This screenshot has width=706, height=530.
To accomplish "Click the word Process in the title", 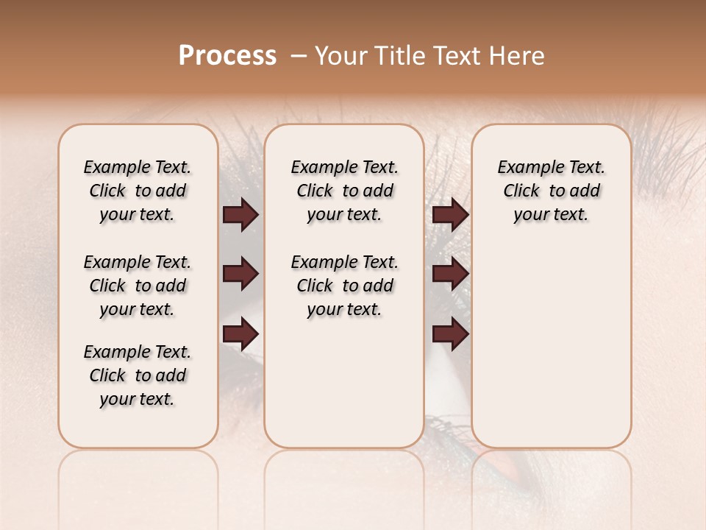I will coord(227,56).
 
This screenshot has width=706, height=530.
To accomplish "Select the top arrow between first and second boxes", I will coord(240,214).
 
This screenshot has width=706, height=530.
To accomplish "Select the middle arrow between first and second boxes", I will coord(240,275).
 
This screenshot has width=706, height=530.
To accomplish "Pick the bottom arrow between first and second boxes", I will coord(240,335).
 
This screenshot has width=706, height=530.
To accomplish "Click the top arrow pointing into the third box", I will coord(450,214).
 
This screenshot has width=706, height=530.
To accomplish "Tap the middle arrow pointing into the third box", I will coord(450,275).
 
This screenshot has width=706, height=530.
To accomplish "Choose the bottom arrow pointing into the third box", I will coord(450,335).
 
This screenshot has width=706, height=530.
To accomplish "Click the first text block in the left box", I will coord(138,191).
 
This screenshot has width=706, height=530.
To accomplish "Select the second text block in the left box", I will coord(138,286).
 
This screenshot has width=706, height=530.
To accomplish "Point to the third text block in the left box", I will coord(138,375).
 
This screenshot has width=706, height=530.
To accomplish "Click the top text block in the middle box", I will coord(344,191).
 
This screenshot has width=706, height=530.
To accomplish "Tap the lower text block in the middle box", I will coord(344,286).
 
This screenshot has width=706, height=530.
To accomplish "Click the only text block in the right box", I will coord(551,191).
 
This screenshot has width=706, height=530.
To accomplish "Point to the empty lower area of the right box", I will coord(551,346).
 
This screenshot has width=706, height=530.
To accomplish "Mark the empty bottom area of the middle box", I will coord(344,383).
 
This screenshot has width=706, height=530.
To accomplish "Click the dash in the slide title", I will coord(299,56).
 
